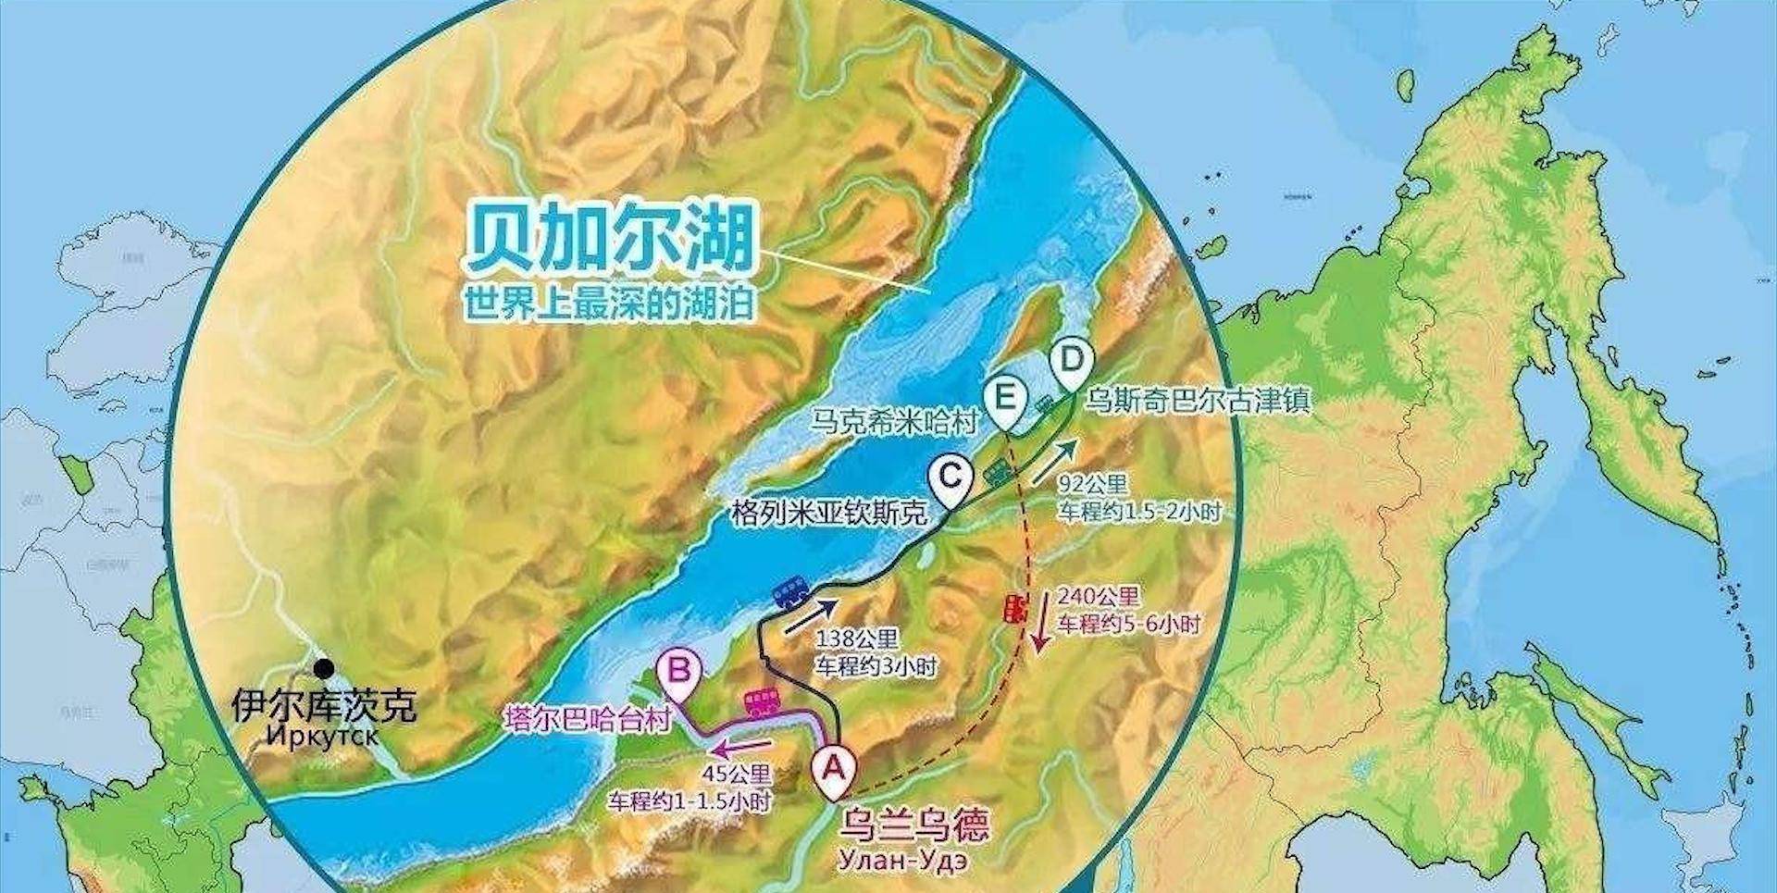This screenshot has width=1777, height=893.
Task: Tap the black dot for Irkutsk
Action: tap(324, 667)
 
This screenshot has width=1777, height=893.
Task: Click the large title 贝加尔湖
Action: tap(611, 239)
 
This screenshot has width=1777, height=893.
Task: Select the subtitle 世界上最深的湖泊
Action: tap(609, 303)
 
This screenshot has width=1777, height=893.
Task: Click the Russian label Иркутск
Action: tap(323, 737)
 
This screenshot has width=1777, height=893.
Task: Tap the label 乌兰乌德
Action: tap(913, 824)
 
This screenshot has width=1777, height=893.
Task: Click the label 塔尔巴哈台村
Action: tap(587, 719)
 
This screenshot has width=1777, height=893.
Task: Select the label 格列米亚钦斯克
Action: tap(827, 513)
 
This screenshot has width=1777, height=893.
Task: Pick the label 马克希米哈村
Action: tap(894, 422)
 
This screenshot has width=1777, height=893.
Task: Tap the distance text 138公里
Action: tap(857, 639)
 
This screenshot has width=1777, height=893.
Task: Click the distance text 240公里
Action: tap(1098, 597)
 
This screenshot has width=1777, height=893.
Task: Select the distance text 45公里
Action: tap(737, 775)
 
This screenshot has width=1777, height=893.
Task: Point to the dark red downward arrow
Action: tap(1043, 621)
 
